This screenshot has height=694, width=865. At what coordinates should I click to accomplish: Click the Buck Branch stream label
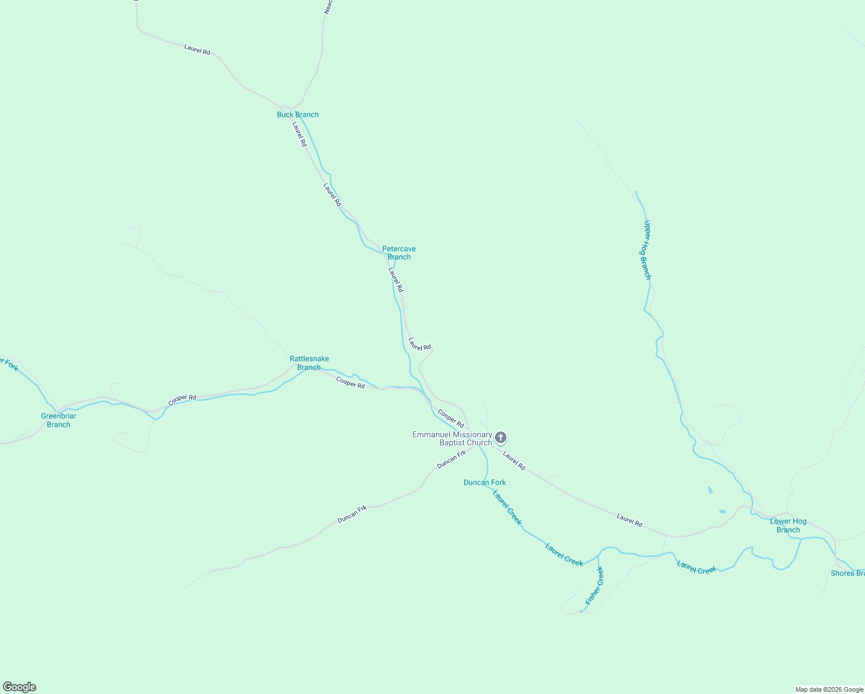point(298,115)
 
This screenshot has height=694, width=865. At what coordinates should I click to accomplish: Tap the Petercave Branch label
point(399,253)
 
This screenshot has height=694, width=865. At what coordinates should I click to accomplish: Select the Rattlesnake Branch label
point(309,363)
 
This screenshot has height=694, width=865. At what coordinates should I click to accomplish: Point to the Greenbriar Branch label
point(58,420)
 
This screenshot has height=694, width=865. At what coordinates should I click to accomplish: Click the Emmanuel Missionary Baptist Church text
point(452,438)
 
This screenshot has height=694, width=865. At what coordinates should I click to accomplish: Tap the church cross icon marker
point(501,437)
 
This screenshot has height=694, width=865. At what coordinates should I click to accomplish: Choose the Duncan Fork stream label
point(485,482)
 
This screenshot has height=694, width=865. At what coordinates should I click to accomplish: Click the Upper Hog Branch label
point(648,250)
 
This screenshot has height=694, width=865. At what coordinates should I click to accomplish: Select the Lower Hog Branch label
point(788,526)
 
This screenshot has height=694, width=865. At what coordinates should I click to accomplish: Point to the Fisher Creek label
point(594,586)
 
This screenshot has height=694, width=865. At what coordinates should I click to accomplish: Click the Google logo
point(20,687)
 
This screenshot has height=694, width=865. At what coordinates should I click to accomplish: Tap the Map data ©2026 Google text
point(829,689)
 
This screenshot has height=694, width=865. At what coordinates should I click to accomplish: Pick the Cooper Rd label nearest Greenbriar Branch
point(182,400)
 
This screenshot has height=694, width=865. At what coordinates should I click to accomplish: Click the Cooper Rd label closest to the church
point(451,418)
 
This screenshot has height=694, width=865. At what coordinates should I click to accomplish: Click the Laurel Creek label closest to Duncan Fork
point(507,507)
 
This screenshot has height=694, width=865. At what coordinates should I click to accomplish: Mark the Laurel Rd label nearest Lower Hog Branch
point(630,520)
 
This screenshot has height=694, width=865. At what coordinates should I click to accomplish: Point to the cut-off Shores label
point(848,573)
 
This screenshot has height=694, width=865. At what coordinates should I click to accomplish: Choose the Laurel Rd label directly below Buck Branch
point(299,134)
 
